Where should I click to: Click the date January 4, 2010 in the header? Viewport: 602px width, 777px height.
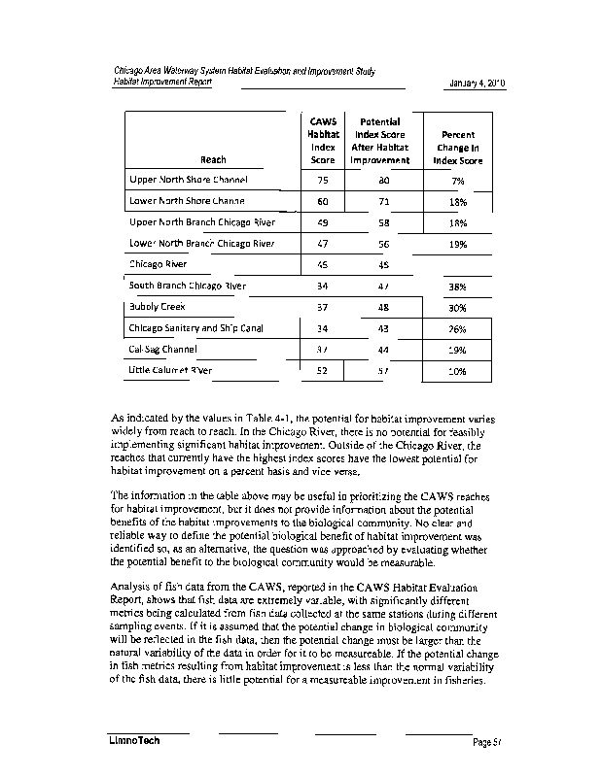(477, 84)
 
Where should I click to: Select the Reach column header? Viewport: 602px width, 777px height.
(213, 160)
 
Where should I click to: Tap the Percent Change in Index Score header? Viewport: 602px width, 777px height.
(458, 148)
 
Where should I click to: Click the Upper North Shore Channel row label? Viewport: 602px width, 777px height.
(189, 180)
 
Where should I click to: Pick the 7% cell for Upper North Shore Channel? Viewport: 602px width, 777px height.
(458, 181)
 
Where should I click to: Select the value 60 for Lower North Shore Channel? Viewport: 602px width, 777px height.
(323, 202)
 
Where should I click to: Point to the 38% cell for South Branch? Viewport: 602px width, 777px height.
(458, 287)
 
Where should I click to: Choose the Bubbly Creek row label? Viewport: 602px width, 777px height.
(158, 307)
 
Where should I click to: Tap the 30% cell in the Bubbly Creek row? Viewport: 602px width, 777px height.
(458, 308)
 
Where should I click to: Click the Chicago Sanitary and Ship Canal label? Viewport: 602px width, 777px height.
(196, 328)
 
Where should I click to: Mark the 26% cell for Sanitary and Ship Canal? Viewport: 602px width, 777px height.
(458, 329)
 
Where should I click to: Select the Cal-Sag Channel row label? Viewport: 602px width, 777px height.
(163, 350)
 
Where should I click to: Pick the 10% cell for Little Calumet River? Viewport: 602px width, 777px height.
(458, 371)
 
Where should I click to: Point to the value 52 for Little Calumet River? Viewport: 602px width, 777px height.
(323, 371)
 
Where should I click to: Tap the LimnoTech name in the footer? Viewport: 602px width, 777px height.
(133, 742)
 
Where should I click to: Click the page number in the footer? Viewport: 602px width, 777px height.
(485, 743)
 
